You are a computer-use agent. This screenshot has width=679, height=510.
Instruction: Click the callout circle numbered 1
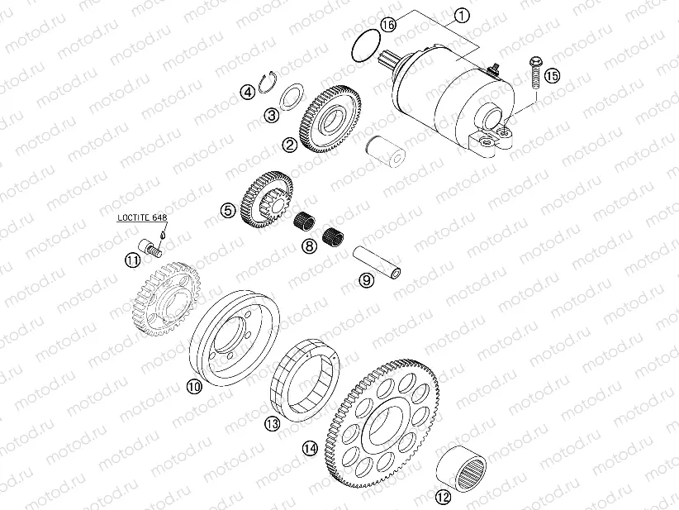(x=461, y=15)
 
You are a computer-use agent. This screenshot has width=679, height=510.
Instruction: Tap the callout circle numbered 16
(x=388, y=26)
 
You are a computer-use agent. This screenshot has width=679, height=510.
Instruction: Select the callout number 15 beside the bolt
(x=552, y=75)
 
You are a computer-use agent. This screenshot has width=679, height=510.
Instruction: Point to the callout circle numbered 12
(x=444, y=498)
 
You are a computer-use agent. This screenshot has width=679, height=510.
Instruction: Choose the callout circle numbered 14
(x=310, y=448)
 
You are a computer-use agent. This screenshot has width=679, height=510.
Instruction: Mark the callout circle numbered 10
(x=194, y=386)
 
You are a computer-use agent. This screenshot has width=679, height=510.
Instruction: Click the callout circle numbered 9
(x=366, y=279)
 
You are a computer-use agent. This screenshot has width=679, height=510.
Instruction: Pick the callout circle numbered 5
(x=228, y=211)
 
